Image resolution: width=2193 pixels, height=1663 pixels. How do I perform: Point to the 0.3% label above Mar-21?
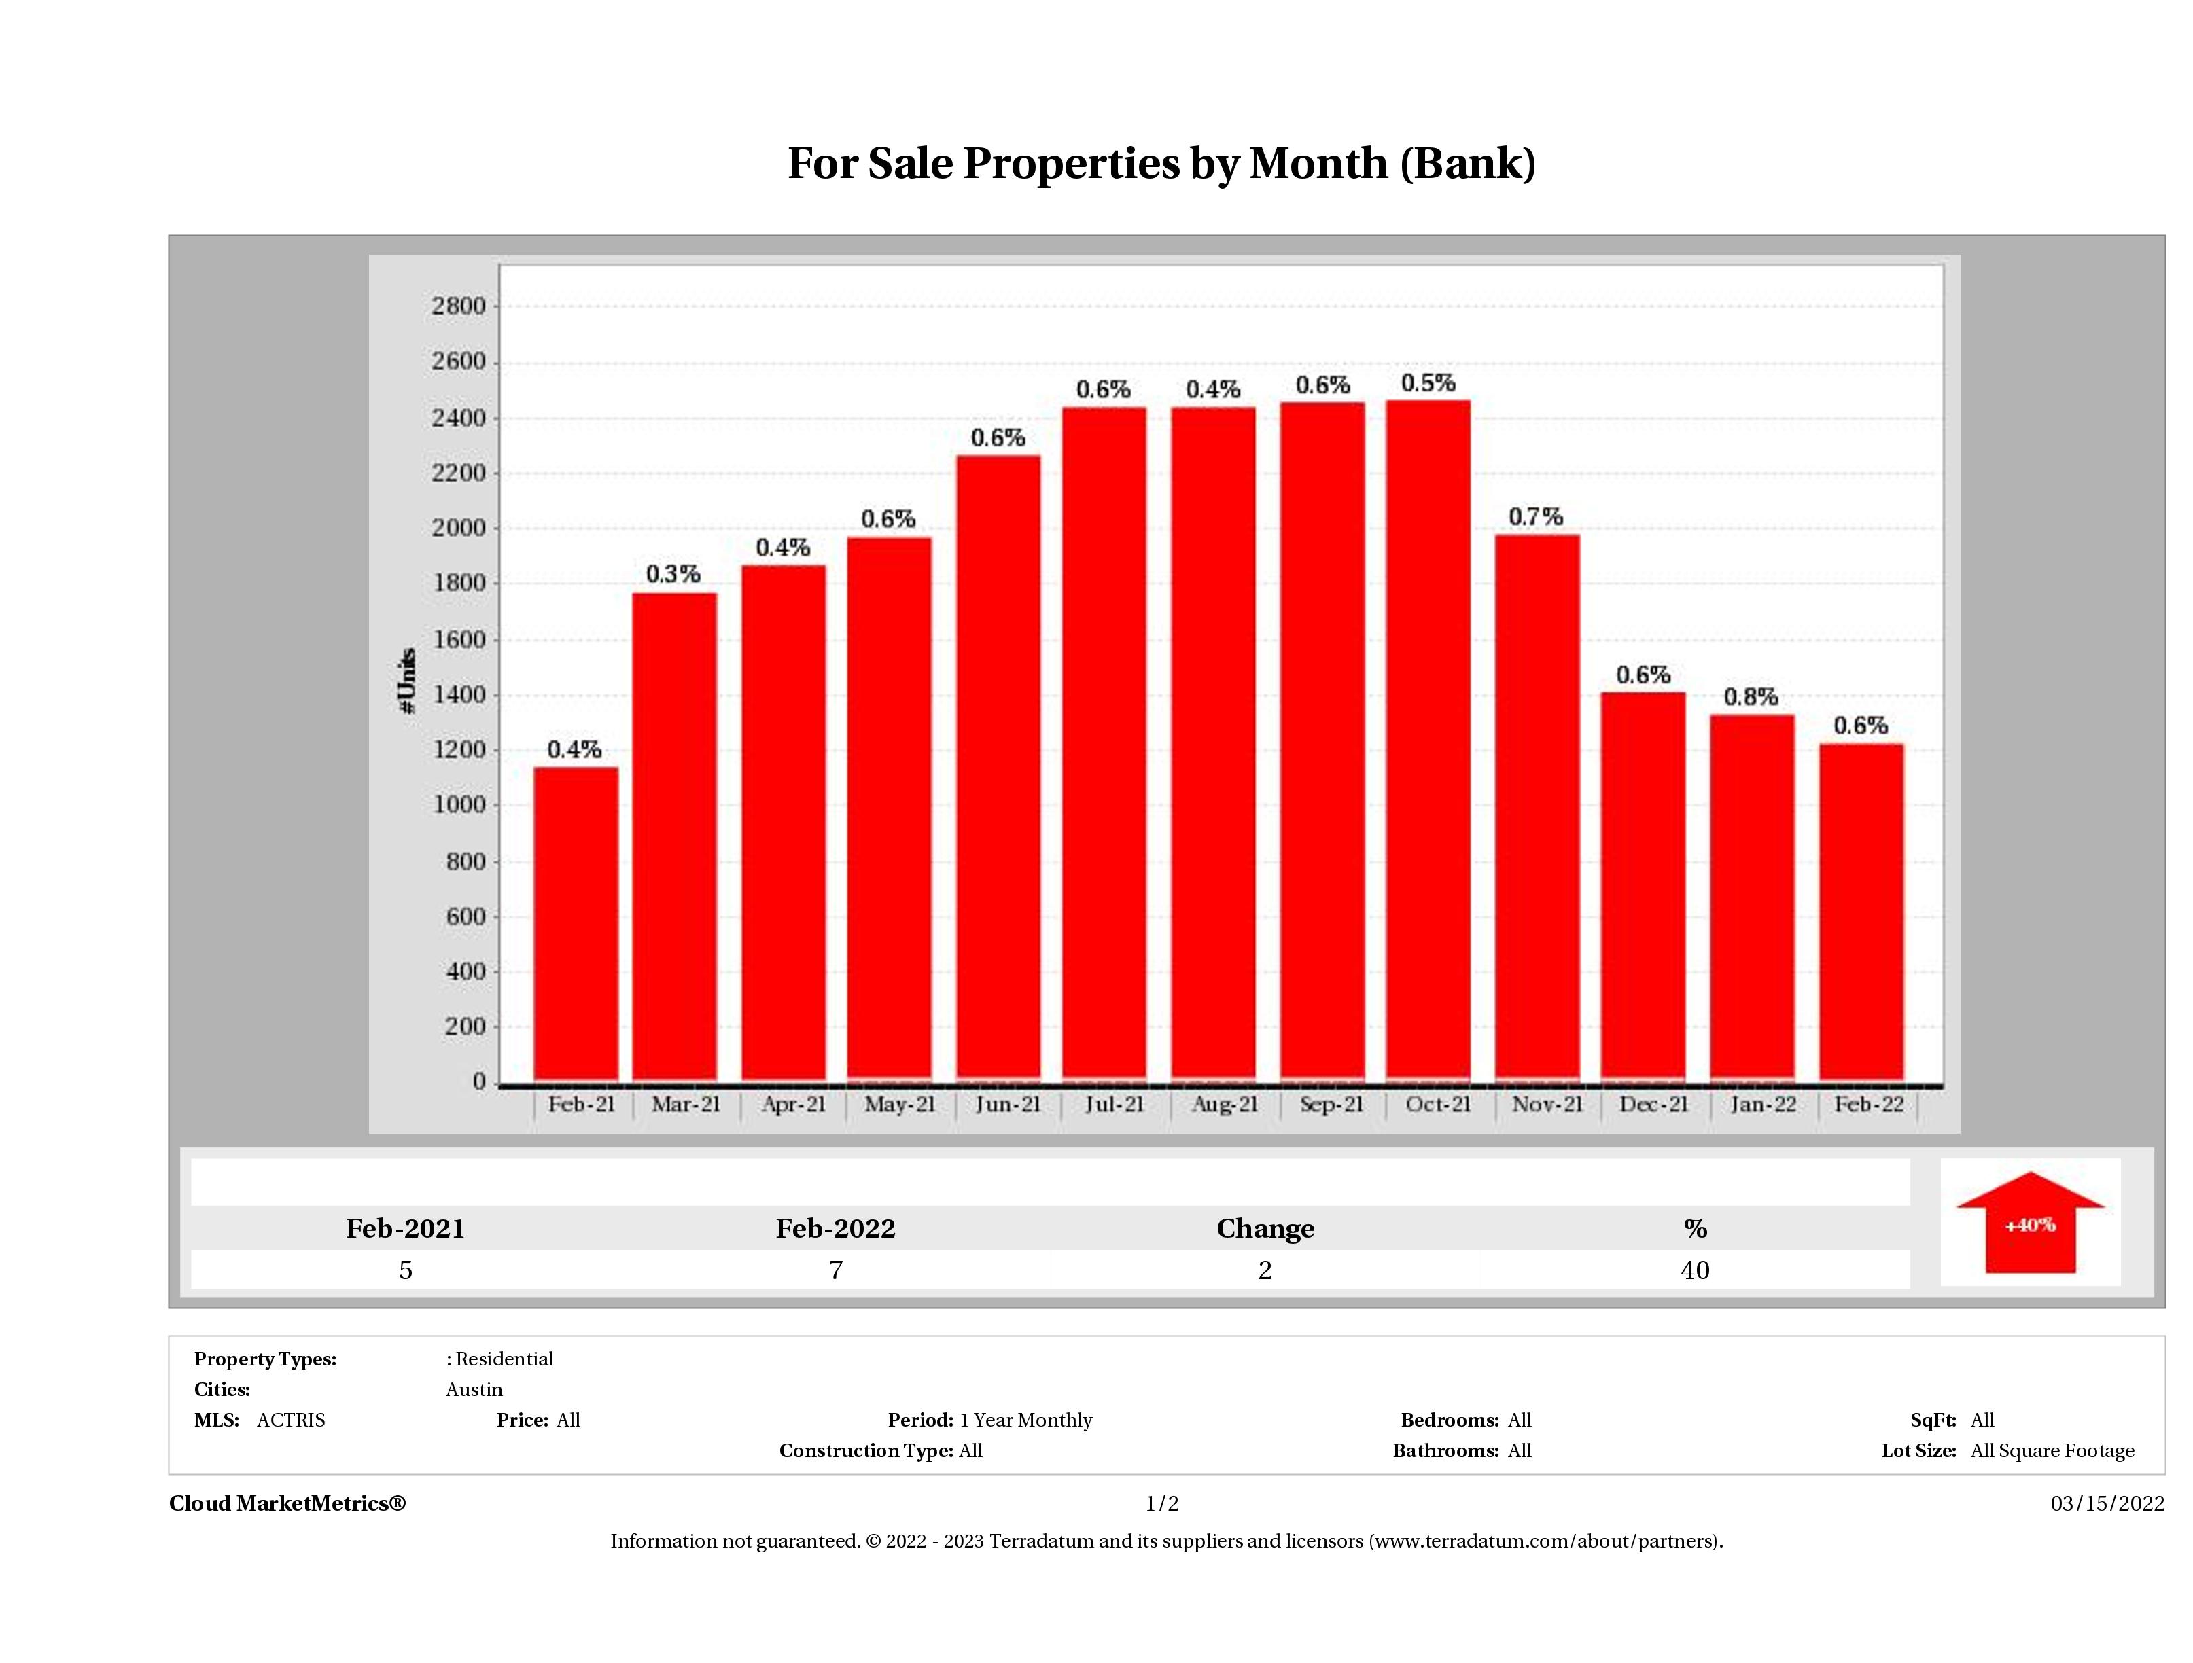[x=673, y=574]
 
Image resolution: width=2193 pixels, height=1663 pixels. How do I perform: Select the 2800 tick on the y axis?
[x=458, y=306]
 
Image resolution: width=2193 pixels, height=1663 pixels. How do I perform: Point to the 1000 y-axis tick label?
[x=458, y=805]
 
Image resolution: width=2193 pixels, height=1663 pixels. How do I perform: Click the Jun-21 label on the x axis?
[x=1007, y=1104]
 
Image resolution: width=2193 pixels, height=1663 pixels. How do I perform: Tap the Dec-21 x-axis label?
[x=1653, y=1104]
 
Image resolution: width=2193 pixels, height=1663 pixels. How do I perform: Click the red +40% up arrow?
[x=2029, y=1225]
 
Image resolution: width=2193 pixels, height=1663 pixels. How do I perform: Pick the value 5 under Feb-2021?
[x=406, y=1270]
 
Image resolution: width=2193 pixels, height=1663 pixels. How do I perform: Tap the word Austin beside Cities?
[x=474, y=1389]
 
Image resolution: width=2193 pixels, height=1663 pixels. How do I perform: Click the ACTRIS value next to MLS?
[x=290, y=1420]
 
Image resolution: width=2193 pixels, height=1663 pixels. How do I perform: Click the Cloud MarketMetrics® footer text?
[x=287, y=1503]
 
